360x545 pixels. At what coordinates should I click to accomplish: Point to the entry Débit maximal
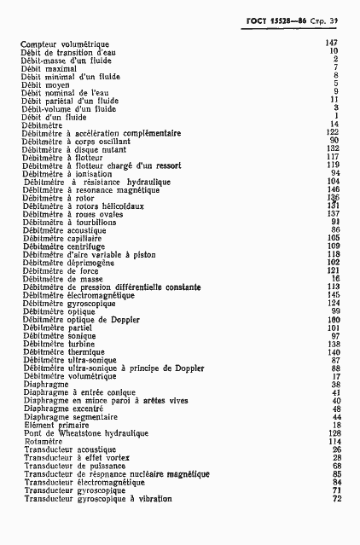pos(44,67)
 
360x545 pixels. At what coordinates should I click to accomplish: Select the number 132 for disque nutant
pos(333,148)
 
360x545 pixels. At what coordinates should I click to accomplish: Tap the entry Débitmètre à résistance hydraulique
pos(97,182)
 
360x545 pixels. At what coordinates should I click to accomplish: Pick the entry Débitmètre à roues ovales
pos(75,214)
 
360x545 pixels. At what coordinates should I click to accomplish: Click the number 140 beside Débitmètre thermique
pos(334,351)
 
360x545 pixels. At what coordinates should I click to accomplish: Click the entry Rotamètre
pos(44,441)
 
